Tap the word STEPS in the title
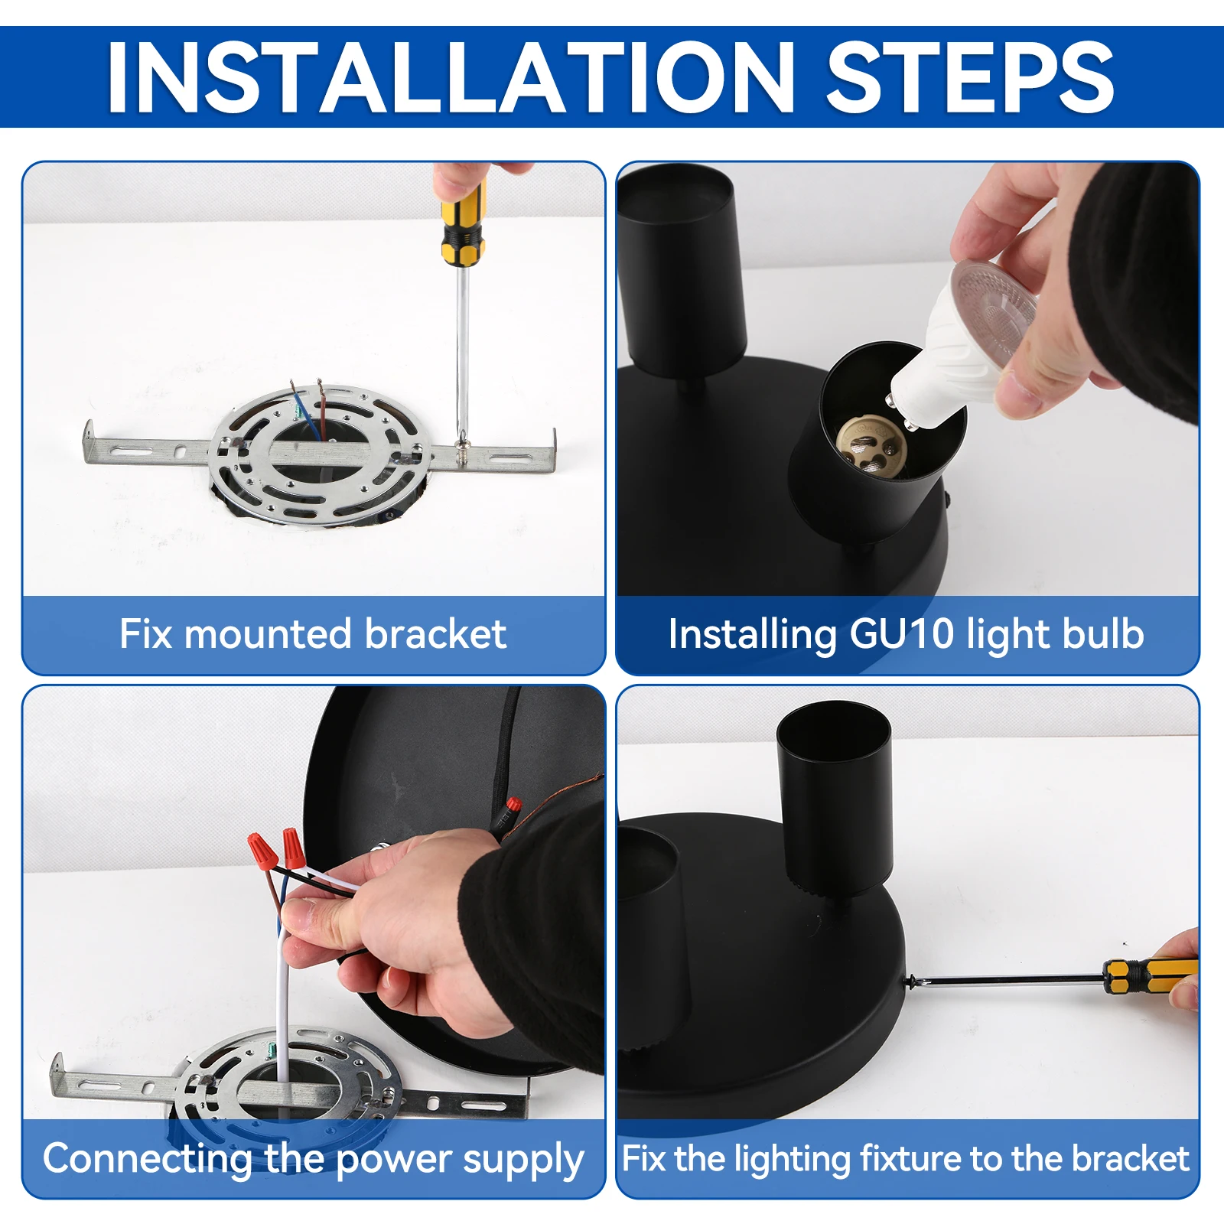click(971, 76)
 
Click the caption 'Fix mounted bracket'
click(313, 634)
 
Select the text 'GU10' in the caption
click(902, 634)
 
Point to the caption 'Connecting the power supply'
click(314, 1159)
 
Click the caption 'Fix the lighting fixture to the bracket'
click(907, 1158)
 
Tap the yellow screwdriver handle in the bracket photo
click(463, 223)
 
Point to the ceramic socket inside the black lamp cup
click(871, 444)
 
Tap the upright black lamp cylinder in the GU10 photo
click(682, 268)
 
